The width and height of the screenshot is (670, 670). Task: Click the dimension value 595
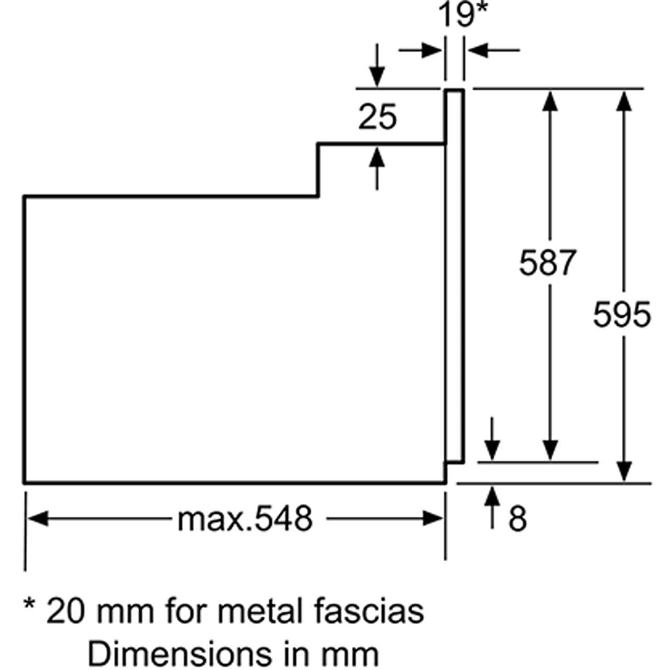pos(622,315)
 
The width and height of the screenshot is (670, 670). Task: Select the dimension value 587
pos(548,262)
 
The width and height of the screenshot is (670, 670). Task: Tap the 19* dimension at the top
pos(463,14)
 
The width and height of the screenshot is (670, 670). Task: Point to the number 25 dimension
pos(377,117)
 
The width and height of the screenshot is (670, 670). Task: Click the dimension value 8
pos(517,519)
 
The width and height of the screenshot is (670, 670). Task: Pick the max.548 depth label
pos(245,519)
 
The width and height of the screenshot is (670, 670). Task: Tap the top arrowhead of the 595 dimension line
pos(623,99)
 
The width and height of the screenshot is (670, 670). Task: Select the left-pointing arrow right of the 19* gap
pos(478,51)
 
